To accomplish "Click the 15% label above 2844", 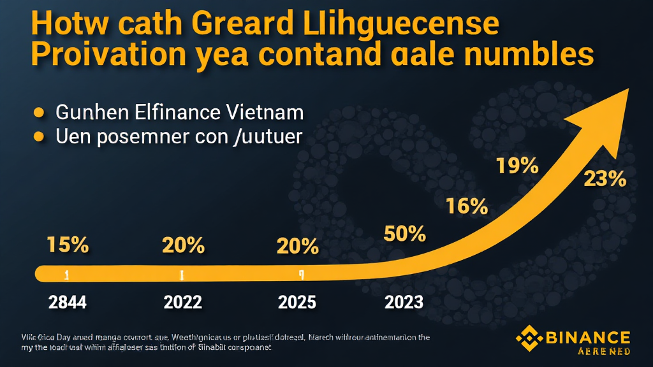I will point(68,245).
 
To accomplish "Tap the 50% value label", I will point(404,234).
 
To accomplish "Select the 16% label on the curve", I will point(467,206).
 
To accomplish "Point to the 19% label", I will point(517,166).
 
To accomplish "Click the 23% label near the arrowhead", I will point(605,179).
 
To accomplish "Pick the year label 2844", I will point(68,301).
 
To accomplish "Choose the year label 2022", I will point(183,301).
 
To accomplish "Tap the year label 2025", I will point(297,301).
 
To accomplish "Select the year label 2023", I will point(404,301).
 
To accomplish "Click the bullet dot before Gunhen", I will point(39,113).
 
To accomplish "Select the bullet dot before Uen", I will point(39,136).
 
